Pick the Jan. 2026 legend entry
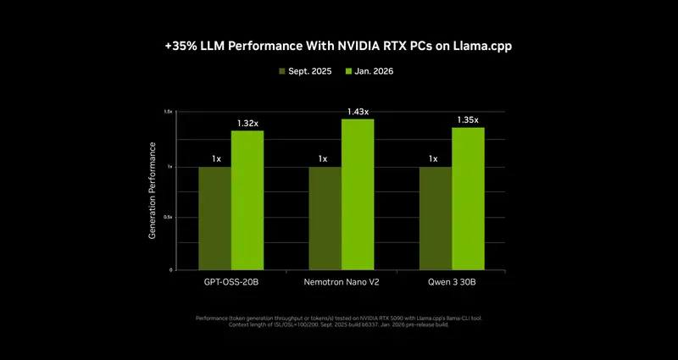pyautogui.click(x=370, y=71)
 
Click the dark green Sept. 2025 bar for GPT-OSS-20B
pyautogui.click(x=214, y=218)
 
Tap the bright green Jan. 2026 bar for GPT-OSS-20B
pyautogui.click(x=247, y=200)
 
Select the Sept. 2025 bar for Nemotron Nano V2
pyautogui.click(x=325, y=218)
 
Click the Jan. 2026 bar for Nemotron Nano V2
pyautogui.click(x=358, y=194)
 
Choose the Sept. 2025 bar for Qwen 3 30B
pyautogui.click(x=435, y=218)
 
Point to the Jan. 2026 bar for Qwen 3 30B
pyautogui.click(x=468, y=198)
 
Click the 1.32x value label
pyautogui.click(x=247, y=124)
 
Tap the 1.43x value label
pyautogui.click(x=357, y=112)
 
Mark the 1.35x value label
pyautogui.click(x=467, y=120)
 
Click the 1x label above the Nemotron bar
pyautogui.click(x=323, y=158)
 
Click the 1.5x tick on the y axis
pyautogui.click(x=168, y=112)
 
